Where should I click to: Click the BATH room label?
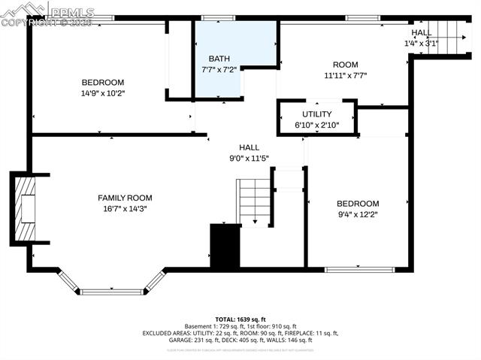click(x=219, y=58)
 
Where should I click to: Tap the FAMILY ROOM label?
click(x=125, y=198)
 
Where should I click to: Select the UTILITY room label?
click(x=316, y=114)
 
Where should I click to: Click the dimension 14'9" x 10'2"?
click(x=103, y=94)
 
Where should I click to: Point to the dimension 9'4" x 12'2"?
click(x=358, y=215)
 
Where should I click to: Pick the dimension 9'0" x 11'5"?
click(x=249, y=159)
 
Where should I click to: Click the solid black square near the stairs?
click(x=224, y=246)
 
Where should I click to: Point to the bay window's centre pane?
click(x=111, y=291)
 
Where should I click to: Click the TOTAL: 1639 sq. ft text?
click(x=240, y=319)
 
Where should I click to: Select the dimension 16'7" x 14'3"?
click(x=125, y=209)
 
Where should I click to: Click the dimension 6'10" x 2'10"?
click(x=316, y=125)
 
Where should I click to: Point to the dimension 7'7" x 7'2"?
click(x=219, y=69)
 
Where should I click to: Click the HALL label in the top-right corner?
click(x=422, y=33)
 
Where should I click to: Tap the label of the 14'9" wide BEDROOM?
click(x=103, y=83)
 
